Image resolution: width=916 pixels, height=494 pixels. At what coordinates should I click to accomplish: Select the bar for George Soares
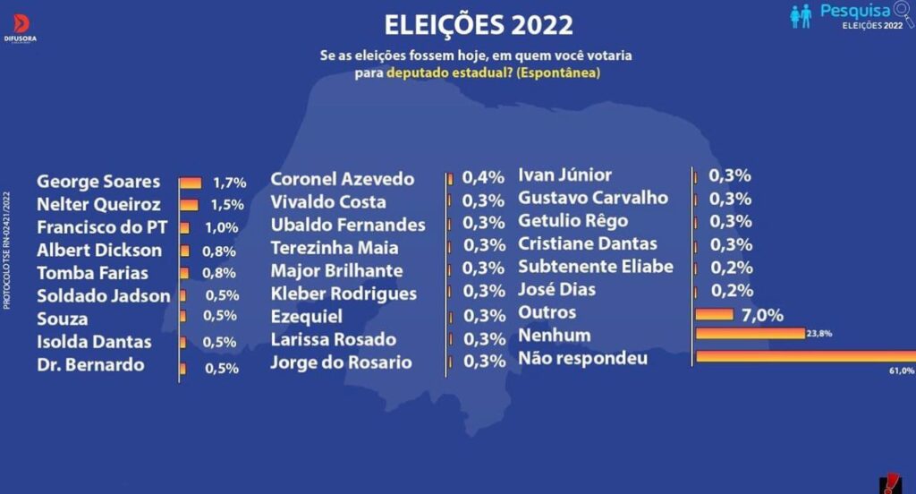click(191, 183)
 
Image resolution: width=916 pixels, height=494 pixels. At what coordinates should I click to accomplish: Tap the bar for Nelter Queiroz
click(189, 205)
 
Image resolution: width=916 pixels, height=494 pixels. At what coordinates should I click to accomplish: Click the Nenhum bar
click(751, 334)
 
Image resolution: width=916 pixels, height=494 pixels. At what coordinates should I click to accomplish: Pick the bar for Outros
click(714, 314)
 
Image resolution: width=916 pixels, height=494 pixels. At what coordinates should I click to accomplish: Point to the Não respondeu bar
click(805, 356)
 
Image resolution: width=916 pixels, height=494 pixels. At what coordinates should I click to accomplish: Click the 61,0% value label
click(900, 370)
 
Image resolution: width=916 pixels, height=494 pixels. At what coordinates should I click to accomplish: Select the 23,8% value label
click(818, 334)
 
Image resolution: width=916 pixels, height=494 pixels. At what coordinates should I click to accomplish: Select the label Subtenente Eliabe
click(596, 267)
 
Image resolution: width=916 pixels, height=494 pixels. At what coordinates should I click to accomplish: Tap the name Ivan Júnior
click(565, 175)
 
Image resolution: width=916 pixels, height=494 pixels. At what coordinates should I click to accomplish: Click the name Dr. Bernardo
click(90, 365)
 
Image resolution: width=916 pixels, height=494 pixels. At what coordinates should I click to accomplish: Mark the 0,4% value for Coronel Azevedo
click(480, 179)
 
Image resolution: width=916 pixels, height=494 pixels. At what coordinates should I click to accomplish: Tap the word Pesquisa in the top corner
click(854, 11)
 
